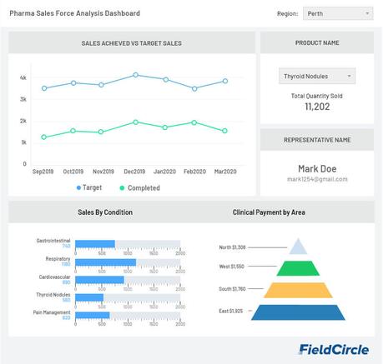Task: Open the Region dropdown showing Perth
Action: [x=337, y=14]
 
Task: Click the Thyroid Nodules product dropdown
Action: [x=316, y=77]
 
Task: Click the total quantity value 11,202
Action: [x=316, y=107]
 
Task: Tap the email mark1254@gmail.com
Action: [x=317, y=179]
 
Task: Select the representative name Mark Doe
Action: [x=317, y=168]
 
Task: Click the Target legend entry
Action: [x=89, y=187]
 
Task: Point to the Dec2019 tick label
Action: [x=134, y=171]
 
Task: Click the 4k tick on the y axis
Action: [x=23, y=77]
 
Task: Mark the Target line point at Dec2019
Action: [x=135, y=75]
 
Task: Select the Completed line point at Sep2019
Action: [x=44, y=137]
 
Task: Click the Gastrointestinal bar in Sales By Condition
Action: [x=94, y=243]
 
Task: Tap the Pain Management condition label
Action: [x=52, y=312]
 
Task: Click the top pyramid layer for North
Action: [x=298, y=247]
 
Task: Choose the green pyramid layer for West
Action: [x=298, y=267]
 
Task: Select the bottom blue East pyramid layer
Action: [x=298, y=312]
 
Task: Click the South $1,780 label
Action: [x=232, y=289]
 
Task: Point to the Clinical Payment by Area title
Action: [x=269, y=212]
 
